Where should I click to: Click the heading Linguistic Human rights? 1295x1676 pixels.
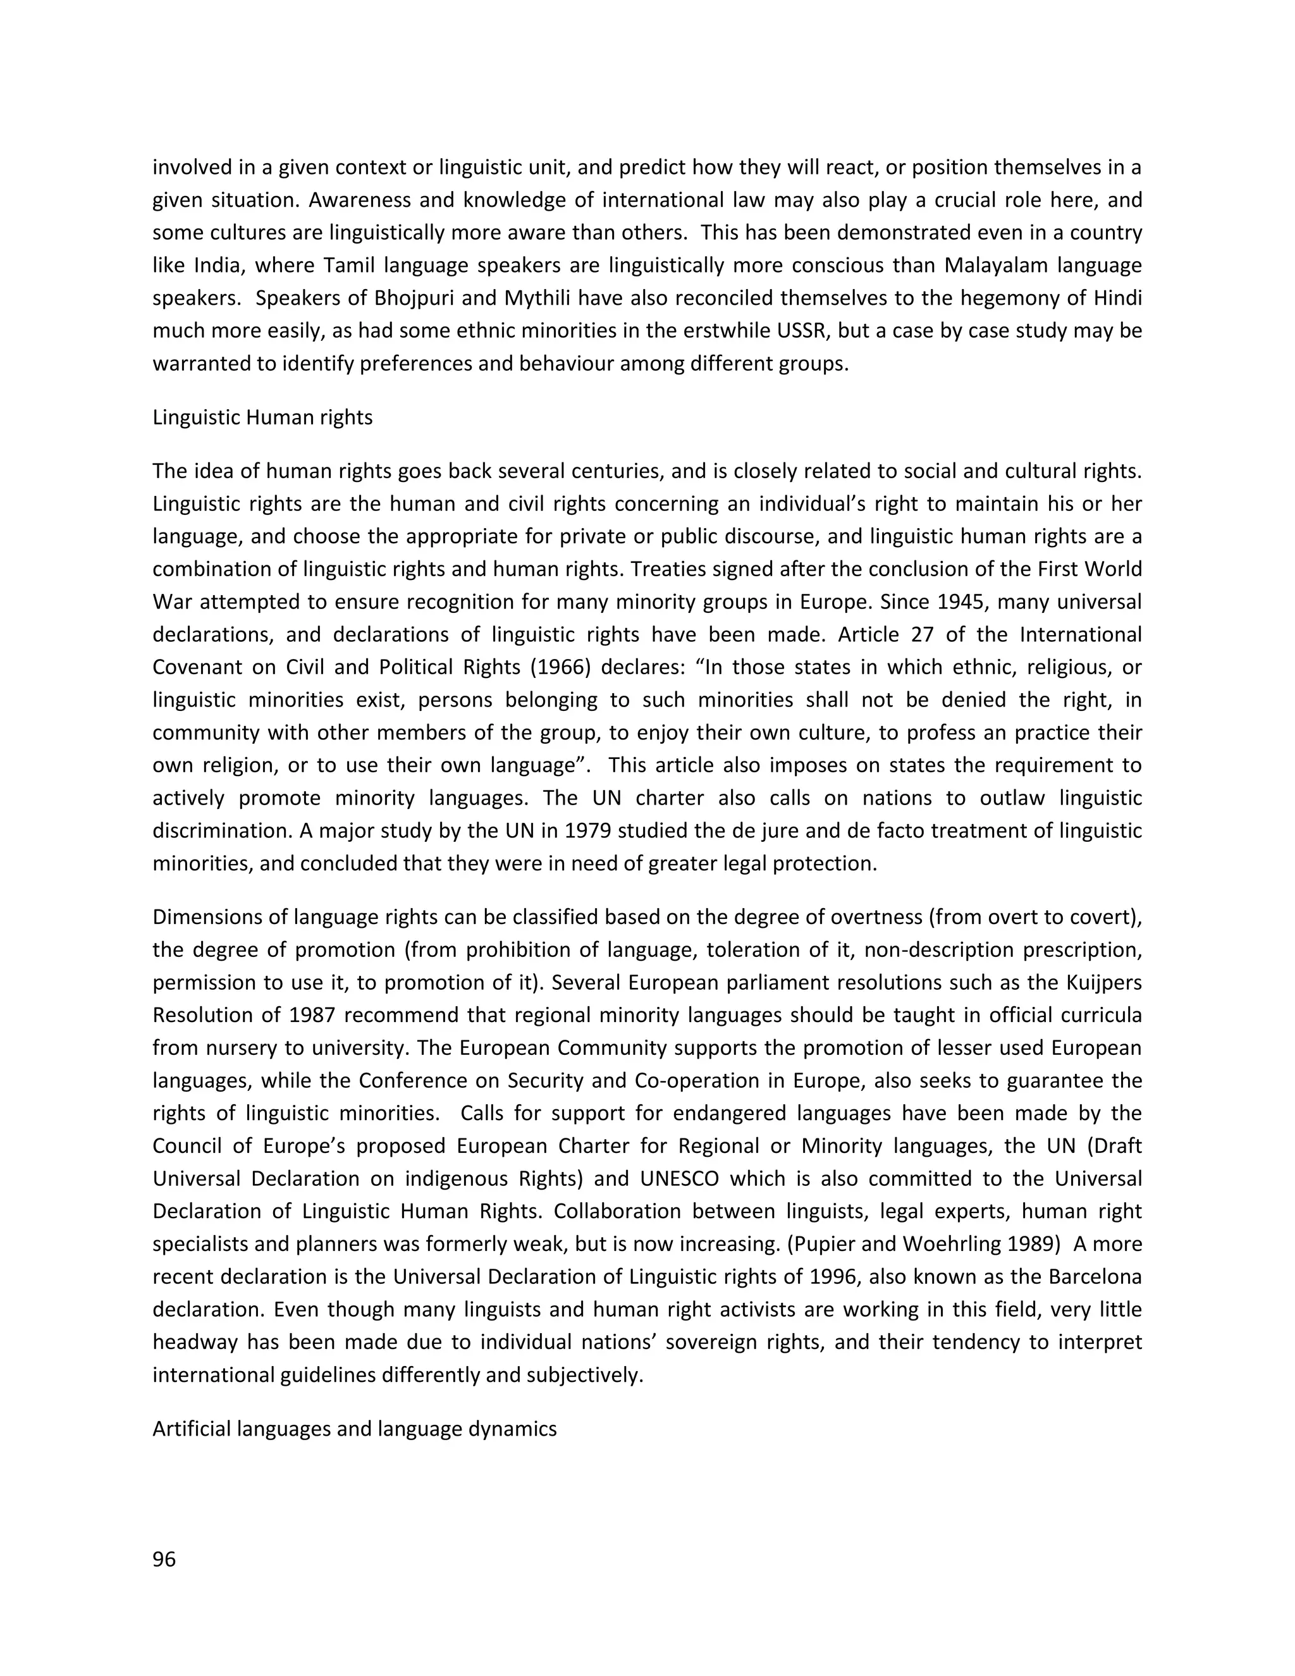pyautogui.click(x=262, y=417)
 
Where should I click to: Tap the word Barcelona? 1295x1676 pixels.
pyautogui.click(x=1091, y=1276)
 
